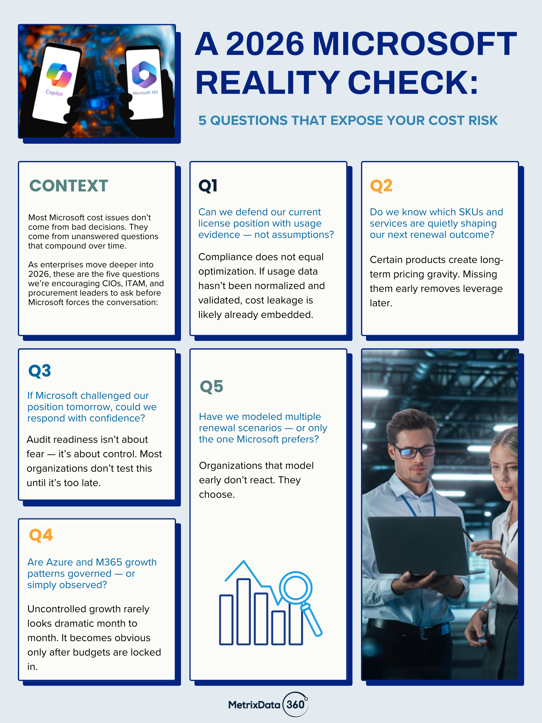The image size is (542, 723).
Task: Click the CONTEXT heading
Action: point(69,186)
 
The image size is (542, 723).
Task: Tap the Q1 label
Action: point(208,186)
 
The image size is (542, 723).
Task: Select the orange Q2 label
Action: point(381,186)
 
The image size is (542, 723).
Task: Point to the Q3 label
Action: point(40,371)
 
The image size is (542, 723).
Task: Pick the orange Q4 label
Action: point(40,535)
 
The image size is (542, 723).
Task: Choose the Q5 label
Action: point(211,386)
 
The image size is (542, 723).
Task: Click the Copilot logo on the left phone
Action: point(59,75)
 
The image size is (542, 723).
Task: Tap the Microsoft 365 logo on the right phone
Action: point(144,74)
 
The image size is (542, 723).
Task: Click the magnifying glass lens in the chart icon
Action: point(295,588)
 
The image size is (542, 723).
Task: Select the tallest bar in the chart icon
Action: point(243,611)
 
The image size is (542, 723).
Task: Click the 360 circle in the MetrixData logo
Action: point(295,704)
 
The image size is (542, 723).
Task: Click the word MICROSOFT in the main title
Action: point(414,44)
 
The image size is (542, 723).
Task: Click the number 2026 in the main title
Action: point(265,44)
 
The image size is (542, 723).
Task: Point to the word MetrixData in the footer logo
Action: point(254,705)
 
